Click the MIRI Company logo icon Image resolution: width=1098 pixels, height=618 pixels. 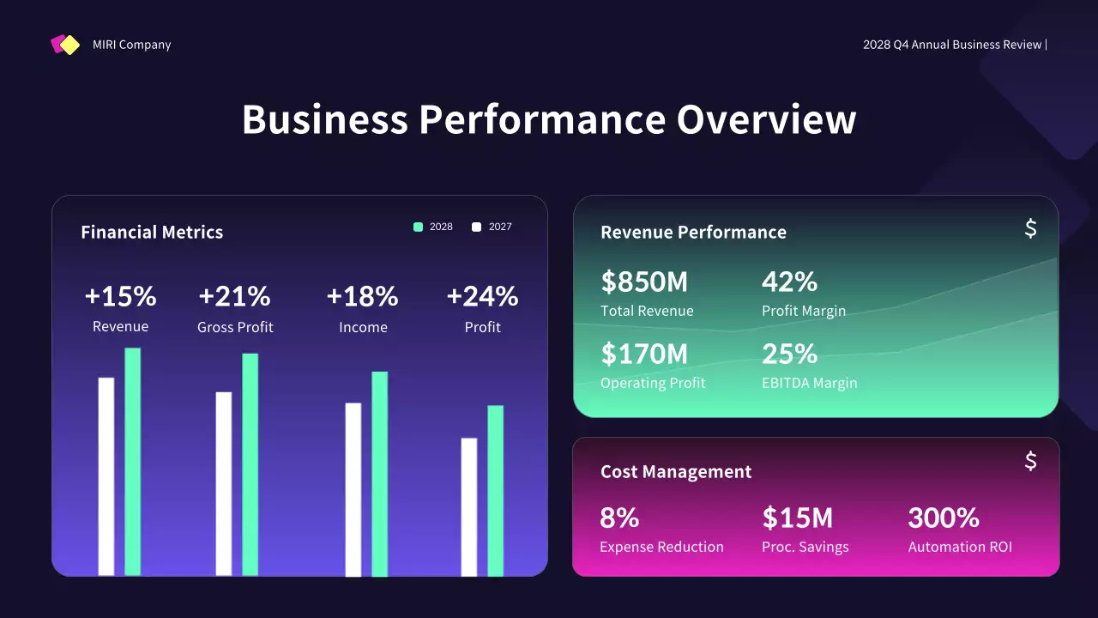point(65,45)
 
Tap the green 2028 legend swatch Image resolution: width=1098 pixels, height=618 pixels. point(418,227)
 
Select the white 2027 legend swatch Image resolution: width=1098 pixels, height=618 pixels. point(477,227)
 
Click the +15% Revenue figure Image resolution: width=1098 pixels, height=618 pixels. point(120,296)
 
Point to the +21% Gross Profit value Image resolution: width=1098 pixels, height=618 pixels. point(234,296)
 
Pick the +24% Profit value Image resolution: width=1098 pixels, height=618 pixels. point(482,296)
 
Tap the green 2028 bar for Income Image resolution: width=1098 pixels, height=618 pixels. point(379,474)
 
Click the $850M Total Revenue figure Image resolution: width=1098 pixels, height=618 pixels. point(644,282)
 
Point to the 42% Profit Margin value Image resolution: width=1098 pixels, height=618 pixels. point(789,282)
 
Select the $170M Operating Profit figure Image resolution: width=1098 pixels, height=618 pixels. point(644,354)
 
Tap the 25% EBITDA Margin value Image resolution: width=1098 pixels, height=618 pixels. point(789,354)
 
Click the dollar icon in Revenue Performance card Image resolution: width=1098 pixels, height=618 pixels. point(1030,228)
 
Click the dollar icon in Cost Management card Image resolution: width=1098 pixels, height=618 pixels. point(1030,461)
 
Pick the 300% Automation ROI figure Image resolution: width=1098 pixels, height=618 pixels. point(944,518)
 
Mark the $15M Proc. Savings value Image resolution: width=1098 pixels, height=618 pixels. point(797,518)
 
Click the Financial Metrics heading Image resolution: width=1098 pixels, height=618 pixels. point(152,233)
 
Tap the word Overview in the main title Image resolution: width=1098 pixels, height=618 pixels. point(766,119)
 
